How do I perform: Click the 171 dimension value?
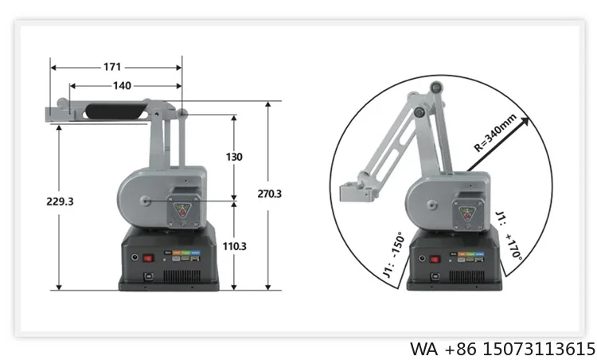point(112,67)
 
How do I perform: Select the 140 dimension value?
point(121,85)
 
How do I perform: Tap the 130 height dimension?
point(234,157)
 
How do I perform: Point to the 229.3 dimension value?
point(60,202)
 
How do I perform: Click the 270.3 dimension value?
point(270,194)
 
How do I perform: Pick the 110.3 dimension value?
point(233,246)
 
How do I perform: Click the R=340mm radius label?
point(495,133)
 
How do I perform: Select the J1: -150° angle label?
point(392,254)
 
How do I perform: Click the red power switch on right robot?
point(435,259)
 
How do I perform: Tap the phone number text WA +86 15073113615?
point(502,349)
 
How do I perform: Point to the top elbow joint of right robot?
point(435,88)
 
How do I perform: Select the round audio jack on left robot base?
point(135,258)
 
